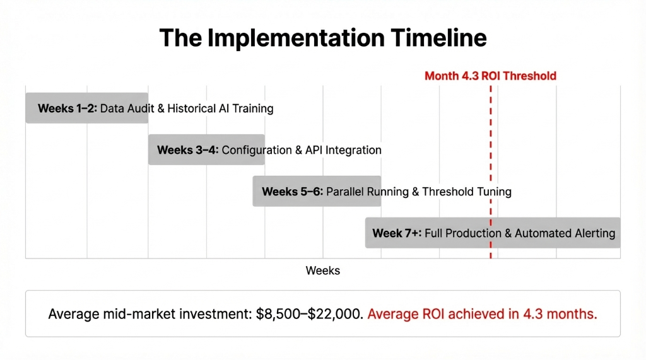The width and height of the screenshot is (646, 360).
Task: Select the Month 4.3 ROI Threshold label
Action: (490, 76)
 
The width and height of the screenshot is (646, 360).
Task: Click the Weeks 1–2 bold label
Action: (67, 108)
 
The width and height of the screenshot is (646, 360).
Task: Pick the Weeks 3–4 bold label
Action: (187, 150)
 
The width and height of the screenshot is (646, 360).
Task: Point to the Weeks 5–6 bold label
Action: (292, 192)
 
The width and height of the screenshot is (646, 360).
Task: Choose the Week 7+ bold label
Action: (396, 233)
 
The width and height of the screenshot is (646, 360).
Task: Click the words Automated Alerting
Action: (565, 233)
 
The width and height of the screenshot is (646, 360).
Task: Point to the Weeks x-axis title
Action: (322, 270)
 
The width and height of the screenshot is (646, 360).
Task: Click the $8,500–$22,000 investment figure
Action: (310, 313)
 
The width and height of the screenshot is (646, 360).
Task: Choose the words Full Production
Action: (464, 233)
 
